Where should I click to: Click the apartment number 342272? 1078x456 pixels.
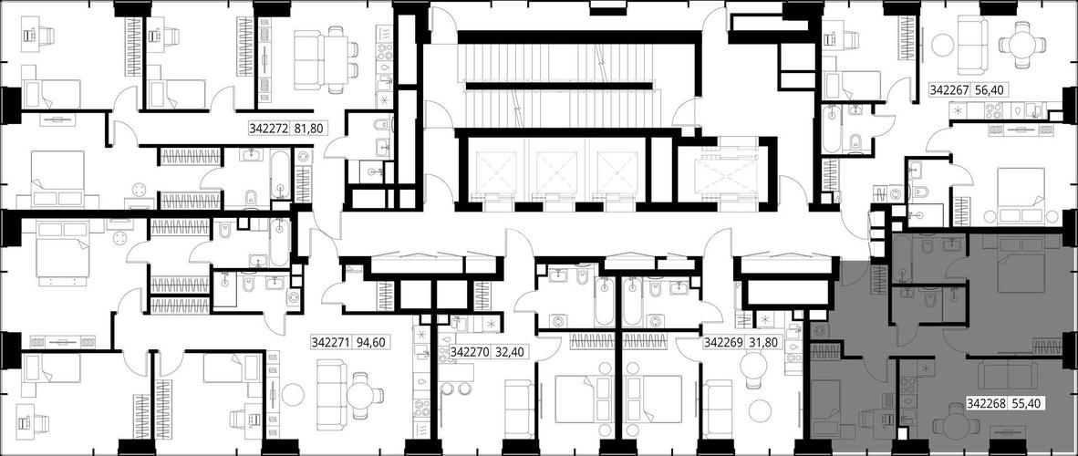pos(269,128)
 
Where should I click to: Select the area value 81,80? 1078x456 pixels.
pos(308,128)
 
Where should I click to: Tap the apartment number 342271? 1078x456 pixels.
pos(332,342)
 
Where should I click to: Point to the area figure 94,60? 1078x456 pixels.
pos(370,342)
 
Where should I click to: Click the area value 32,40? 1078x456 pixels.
pos(509,352)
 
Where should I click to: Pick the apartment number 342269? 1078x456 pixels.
pos(723,342)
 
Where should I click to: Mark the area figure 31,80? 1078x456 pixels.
pos(762,342)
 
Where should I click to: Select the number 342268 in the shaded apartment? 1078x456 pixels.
pos(987,404)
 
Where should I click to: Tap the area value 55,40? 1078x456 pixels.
pos(1026,404)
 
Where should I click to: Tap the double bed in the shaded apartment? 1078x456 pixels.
pos(1021,264)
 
